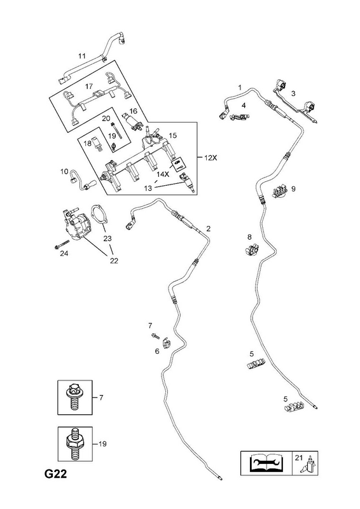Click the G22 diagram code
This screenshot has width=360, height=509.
pyautogui.click(x=55, y=473)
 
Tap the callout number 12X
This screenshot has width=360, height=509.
pyautogui.click(x=210, y=158)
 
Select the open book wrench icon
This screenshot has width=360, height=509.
pyautogui.click(x=267, y=463)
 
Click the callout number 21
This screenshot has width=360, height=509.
pyautogui.click(x=299, y=457)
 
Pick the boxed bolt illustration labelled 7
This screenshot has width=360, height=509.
pyautogui.click(x=75, y=397)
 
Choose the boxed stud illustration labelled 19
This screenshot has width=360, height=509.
pyautogui.click(x=75, y=444)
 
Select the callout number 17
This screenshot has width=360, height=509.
pyautogui.click(x=89, y=86)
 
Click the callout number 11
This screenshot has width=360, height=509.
pyautogui.click(x=82, y=56)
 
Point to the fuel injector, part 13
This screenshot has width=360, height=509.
pyautogui.click(x=186, y=183)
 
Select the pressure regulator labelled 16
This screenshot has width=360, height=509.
pyautogui.click(x=132, y=121)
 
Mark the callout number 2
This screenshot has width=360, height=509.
pyautogui.click(x=209, y=228)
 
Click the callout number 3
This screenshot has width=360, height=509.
pyautogui.click(x=293, y=94)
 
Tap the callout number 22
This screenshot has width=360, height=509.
pyautogui.click(x=114, y=260)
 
